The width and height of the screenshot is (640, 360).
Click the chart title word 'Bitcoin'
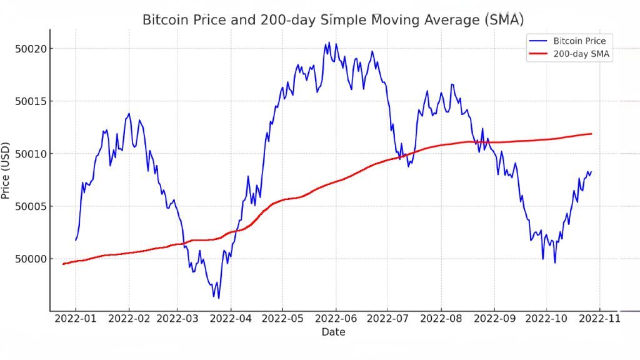tap(164, 20)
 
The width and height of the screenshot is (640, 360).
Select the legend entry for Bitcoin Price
tap(575, 41)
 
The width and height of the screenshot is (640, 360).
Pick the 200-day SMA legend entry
tap(575, 54)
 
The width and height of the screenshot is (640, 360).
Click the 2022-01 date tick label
tap(76, 319)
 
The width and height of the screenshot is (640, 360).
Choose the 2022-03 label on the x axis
tap(177, 319)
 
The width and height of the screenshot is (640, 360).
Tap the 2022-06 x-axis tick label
tap(336, 319)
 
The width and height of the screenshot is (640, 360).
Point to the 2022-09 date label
tap(494, 319)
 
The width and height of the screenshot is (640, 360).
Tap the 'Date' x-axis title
tap(333, 332)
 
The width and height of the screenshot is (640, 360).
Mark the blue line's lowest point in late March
tap(219, 298)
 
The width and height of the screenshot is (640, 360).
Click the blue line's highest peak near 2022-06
tap(329, 42)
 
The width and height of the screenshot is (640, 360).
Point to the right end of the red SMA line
tap(591, 134)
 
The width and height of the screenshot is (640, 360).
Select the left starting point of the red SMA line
tap(63, 264)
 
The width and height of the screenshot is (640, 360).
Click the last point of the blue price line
tap(591, 171)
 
